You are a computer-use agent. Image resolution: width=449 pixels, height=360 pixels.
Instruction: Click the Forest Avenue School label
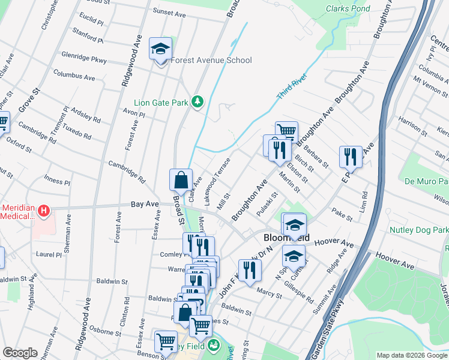pyautogui.click(x=211, y=60)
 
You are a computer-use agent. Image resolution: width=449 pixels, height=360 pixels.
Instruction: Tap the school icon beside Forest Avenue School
pyautogui.click(x=160, y=48)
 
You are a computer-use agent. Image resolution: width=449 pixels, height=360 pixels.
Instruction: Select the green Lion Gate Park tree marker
pyautogui.click(x=197, y=102)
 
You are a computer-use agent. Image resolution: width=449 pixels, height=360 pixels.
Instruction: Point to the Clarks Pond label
pyautogui.click(x=348, y=9)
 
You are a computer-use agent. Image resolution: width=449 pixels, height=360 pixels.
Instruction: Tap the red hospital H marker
pyautogui.click(x=43, y=211)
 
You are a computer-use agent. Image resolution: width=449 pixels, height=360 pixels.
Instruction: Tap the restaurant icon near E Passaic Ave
pyautogui.click(x=350, y=157)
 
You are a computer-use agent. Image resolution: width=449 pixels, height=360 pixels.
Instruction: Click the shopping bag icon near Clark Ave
pyautogui.click(x=181, y=179)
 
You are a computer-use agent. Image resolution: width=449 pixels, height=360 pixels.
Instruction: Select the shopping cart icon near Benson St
pyautogui.click(x=166, y=342)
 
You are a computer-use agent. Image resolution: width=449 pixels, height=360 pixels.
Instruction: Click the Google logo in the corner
pyautogui.click(x=20, y=353)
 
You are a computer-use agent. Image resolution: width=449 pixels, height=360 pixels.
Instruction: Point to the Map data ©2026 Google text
pyautogui.click(x=412, y=355)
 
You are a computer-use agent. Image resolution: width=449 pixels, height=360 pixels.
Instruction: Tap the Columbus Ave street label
pyautogui.click(x=74, y=77)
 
